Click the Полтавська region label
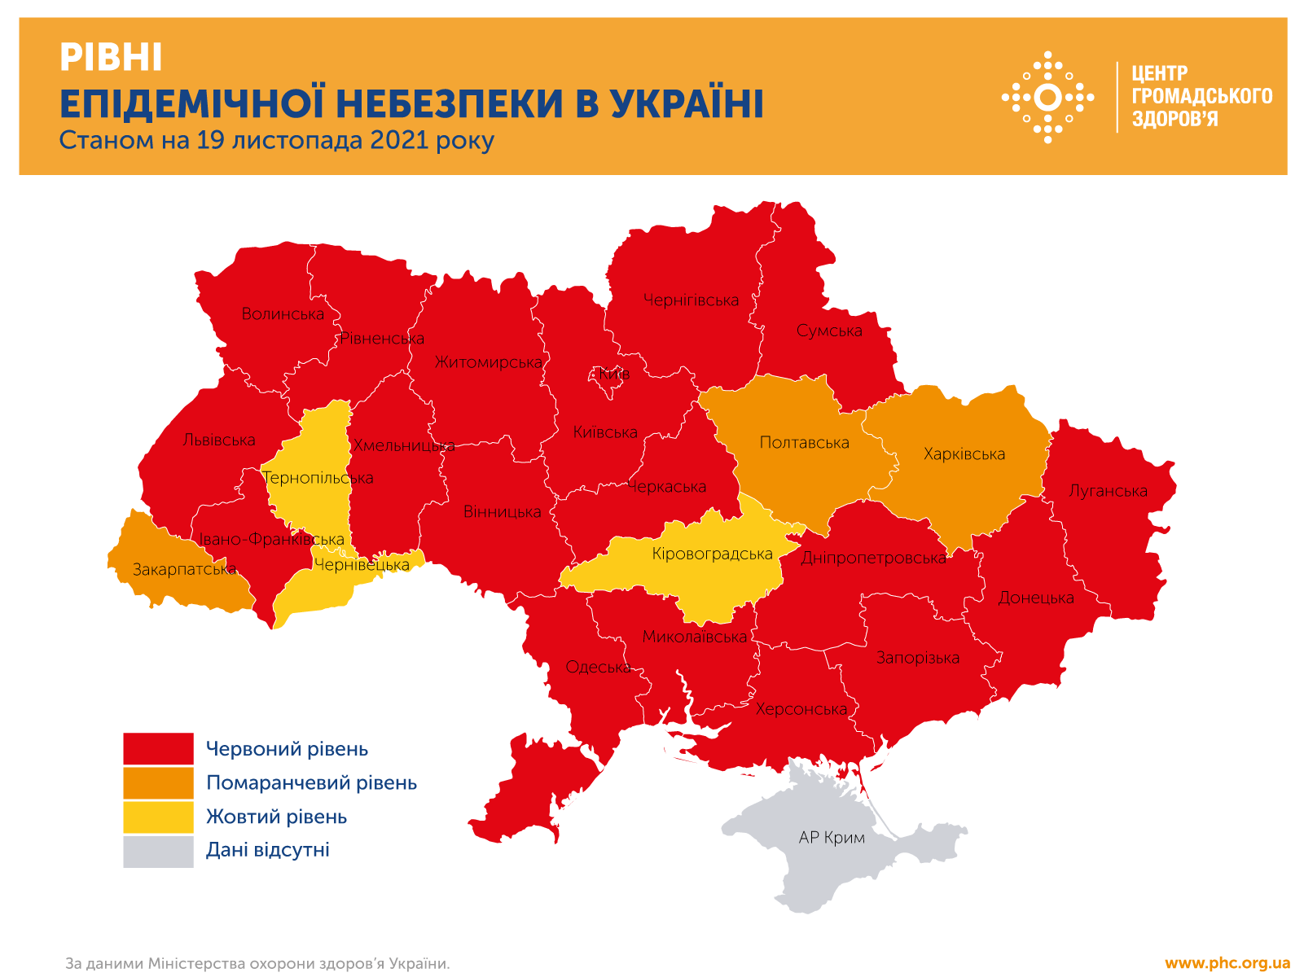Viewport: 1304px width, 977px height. pyautogui.click(x=804, y=443)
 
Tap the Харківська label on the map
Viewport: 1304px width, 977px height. pyautogui.click(x=964, y=454)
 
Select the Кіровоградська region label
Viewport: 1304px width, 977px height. pyautogui.click(x=712, y=554)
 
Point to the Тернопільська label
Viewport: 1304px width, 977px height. pyautogui.click(x=318, y=478)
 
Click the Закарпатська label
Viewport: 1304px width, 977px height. pyautogui.click(x=184, y=570)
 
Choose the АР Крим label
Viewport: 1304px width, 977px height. pyautogui.click(x=832, y=838)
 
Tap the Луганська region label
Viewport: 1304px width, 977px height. pyautogui.click(x=1108, y=491)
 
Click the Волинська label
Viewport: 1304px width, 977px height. pyautogui.click(x=283, y=314)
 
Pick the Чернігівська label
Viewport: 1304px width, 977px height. pyautogui.click(x=691, y=300)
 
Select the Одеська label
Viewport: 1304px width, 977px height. pyautogui.click(x=598, y=668)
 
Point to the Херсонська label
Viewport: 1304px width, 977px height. pyautogui.click(x=801, y=709)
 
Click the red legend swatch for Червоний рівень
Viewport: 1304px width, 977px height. pyautogui.click(x=158, y=749)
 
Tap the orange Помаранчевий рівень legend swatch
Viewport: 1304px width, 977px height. pyautogui.click(x=158, y=783)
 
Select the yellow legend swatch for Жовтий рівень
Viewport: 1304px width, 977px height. pyautogui.click(x=158, y=817)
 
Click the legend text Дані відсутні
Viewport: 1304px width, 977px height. pyautogui.click(x=267, y=850)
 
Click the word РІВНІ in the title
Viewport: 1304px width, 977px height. pyautogui.click(x=111, y=58)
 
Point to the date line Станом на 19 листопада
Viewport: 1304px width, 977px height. pyautogui.click(x=276, y=140)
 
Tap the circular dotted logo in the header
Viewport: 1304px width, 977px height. pyautogui.click(x=1047, y=98)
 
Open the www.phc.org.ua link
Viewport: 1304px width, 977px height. pyautogui.click(x=1227, y=963)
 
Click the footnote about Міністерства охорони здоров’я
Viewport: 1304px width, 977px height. pyautogui.click(x=257, y=964)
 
